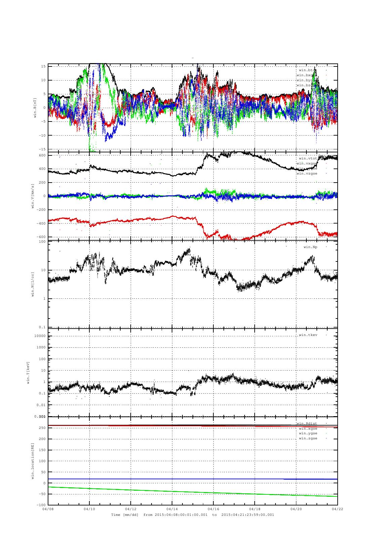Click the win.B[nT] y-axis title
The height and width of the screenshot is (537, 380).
click(x=35, y=107)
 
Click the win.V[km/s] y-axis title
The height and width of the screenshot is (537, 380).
click(x=33, y=196)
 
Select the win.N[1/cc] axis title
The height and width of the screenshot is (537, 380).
click(x=33, y=284)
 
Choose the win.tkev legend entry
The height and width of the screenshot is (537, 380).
click(x=308, y=335)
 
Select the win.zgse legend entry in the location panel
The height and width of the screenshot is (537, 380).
click(x=308, y=438)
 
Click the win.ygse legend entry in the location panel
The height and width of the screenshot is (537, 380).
click(x=308, y=433)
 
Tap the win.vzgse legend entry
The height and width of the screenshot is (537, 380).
click(x=306, y=174)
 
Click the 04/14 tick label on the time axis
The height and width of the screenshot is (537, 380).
click(x=172, y=509)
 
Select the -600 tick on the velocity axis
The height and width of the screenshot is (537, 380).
click(x=42, y=237)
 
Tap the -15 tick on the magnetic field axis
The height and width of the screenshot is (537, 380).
click(x=42, y=149)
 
